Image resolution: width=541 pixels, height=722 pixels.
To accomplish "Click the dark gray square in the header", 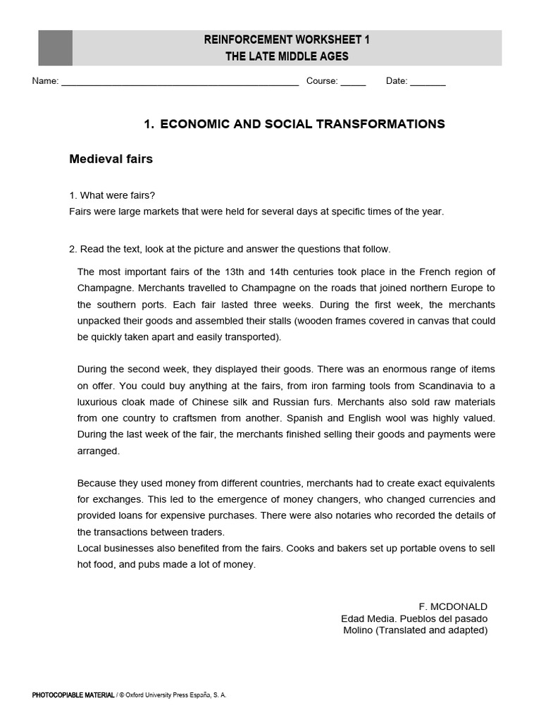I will (x=55, y=48).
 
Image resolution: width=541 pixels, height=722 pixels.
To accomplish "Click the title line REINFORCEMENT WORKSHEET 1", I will (x=287, y=39).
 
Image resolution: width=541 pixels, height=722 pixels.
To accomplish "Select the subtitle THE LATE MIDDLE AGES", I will (x=287, y=56).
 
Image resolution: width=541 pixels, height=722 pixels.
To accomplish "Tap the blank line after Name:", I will (x=180, y=82).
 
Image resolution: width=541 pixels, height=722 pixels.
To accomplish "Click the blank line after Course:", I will (x=353, y=82).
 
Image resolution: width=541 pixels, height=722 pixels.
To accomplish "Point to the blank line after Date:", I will (x=428, y=82).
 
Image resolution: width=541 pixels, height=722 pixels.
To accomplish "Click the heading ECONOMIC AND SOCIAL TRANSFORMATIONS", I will (x=302, y=124).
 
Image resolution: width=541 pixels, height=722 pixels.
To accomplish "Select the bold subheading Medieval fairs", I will (x=111, y=159).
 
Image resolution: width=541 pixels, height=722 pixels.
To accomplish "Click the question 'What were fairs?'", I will (x=117, y=195).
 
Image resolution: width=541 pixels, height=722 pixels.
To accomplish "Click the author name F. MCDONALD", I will (x=452, y=606).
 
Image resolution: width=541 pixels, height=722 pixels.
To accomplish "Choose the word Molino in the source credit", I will (x=358, y=630).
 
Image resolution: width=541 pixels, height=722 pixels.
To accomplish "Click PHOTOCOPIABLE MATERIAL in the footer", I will (x=73, y=695).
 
